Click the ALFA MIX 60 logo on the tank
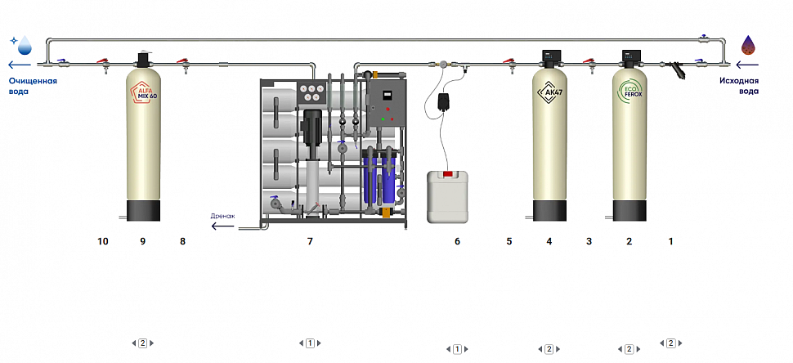(145, 93)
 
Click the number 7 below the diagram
(310, 241)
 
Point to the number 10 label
(102, 241)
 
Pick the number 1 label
(671, 241)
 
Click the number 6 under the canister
(457, 241)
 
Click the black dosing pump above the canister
(446, 102)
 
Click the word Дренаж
(222, 216)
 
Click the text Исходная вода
(739, 86)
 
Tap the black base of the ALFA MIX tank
(144, 210)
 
